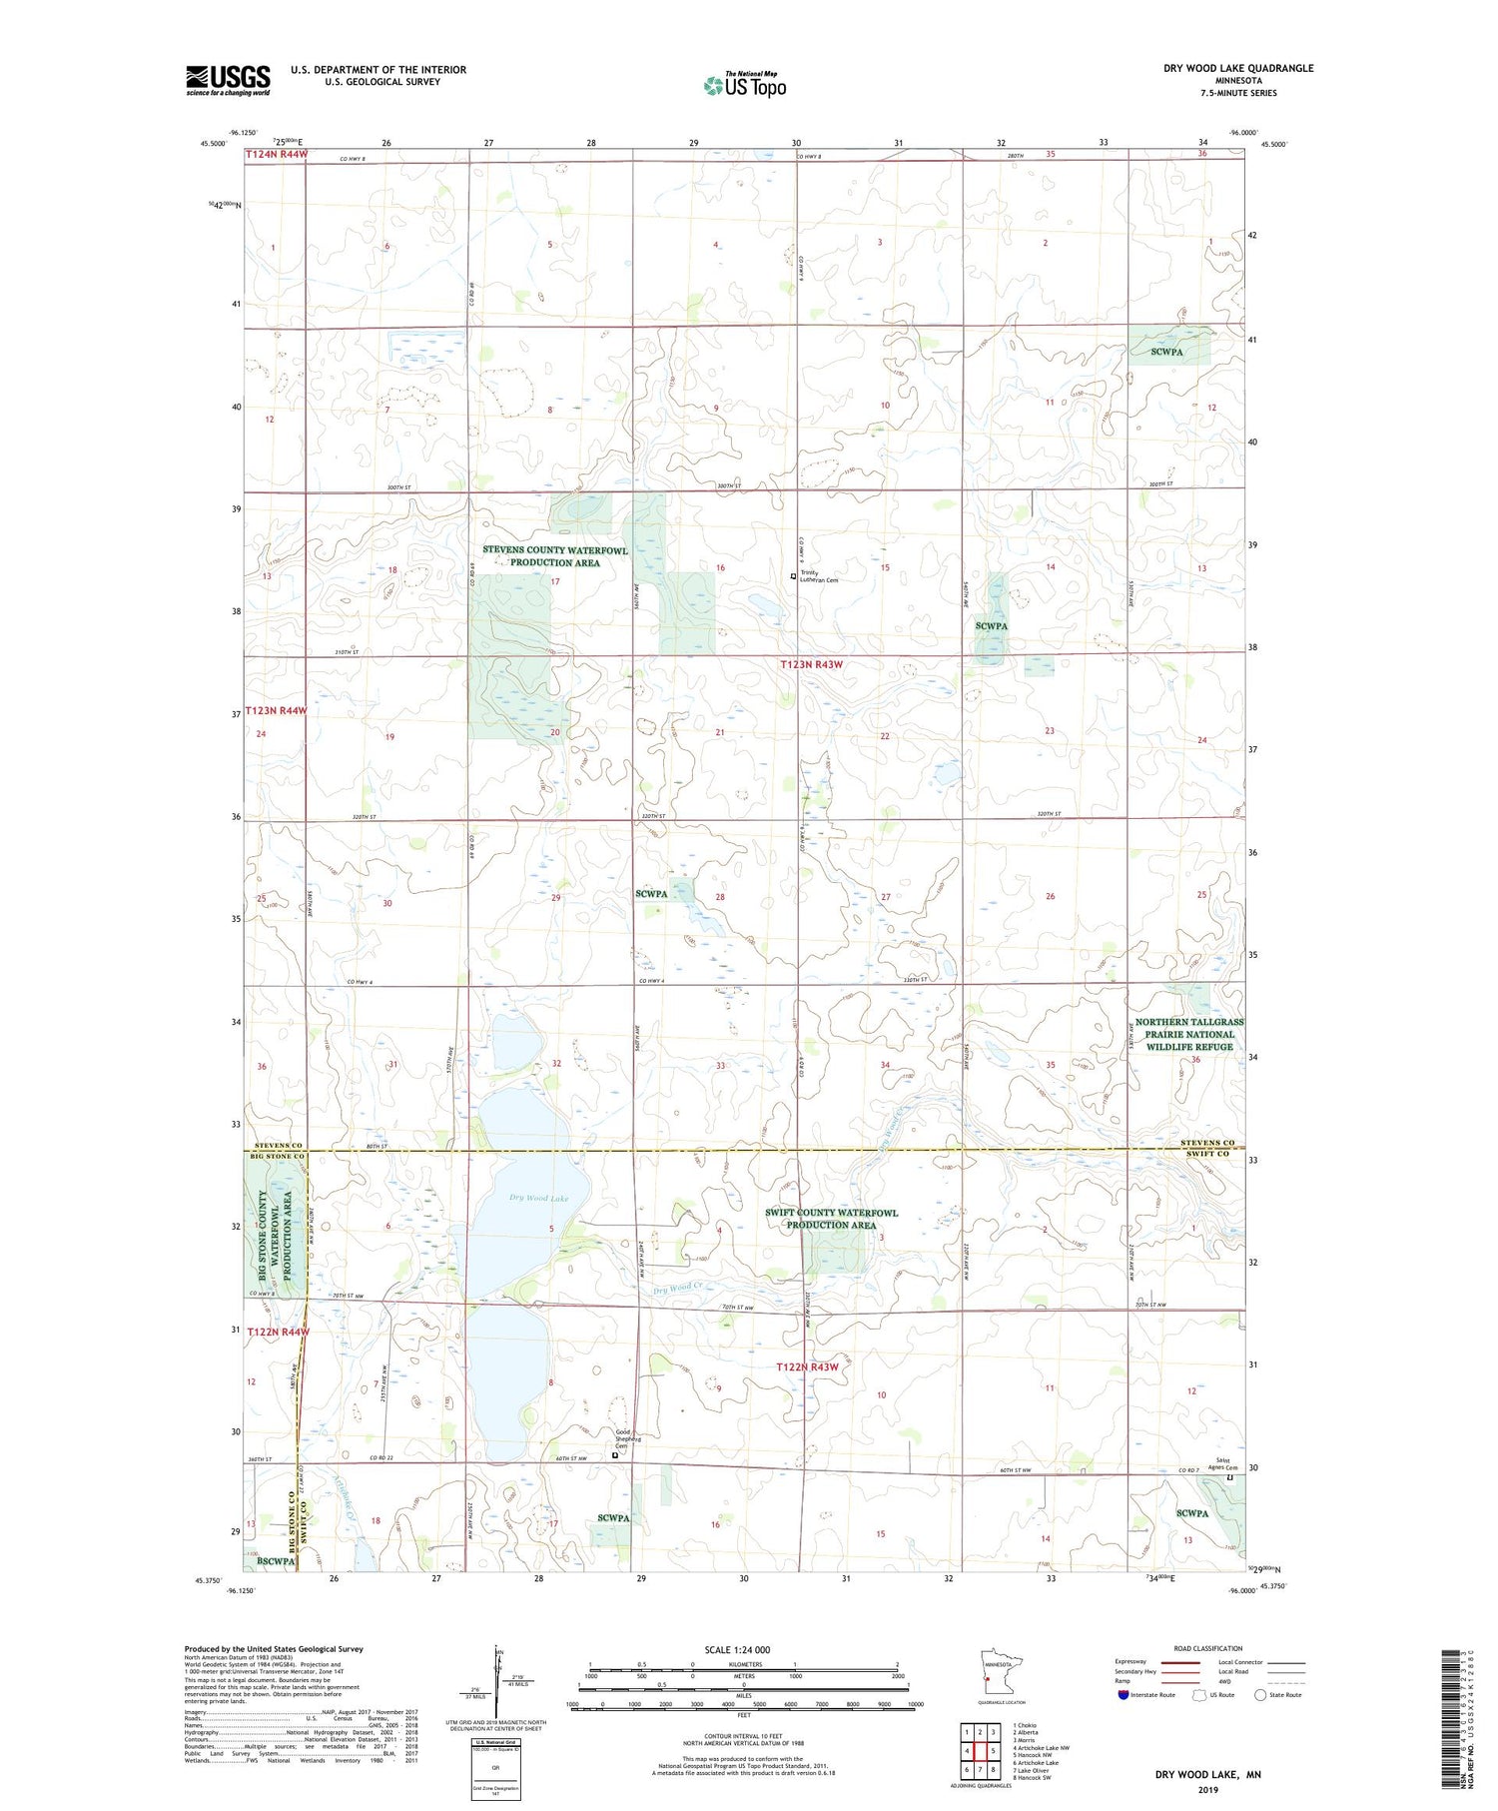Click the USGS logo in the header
[x=228, y=80]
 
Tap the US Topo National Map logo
[x=745, y=85]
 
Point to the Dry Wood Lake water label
[x=538, y=1199]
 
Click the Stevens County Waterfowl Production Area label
[x=555, y=556]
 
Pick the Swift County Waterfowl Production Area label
[x=831, y=1219]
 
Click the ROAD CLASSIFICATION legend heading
[x=1208, y=1648]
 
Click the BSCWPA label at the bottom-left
[x=276, y=1560]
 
